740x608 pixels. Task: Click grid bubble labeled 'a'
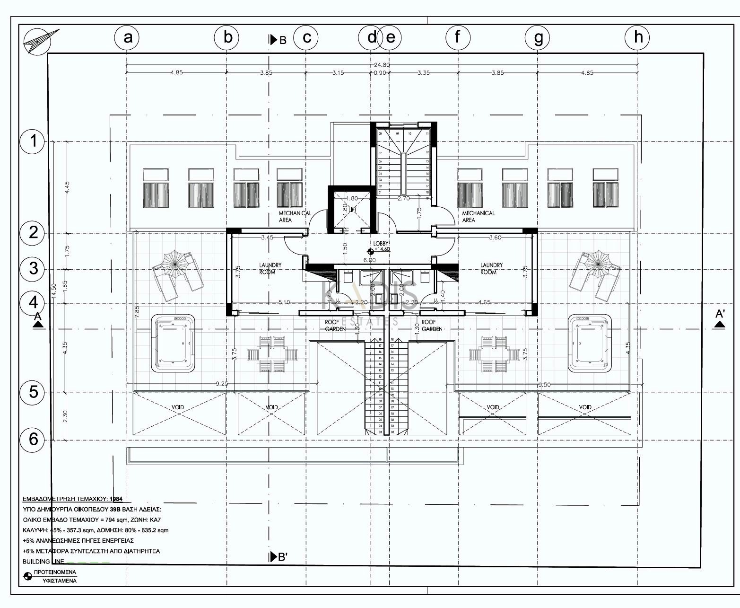(127, 37)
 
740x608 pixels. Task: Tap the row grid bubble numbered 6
(33, 439)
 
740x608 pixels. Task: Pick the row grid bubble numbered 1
(33, 141)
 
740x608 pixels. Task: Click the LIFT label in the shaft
(352, 210)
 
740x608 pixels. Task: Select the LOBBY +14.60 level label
(381, 246)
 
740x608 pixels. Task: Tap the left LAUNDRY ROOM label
(270, 269)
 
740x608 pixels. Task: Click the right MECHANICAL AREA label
(478, 217)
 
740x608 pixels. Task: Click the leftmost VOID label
(178, 407)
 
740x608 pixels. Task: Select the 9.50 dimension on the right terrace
(544, 385)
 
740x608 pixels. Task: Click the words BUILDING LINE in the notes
(43, 562)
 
